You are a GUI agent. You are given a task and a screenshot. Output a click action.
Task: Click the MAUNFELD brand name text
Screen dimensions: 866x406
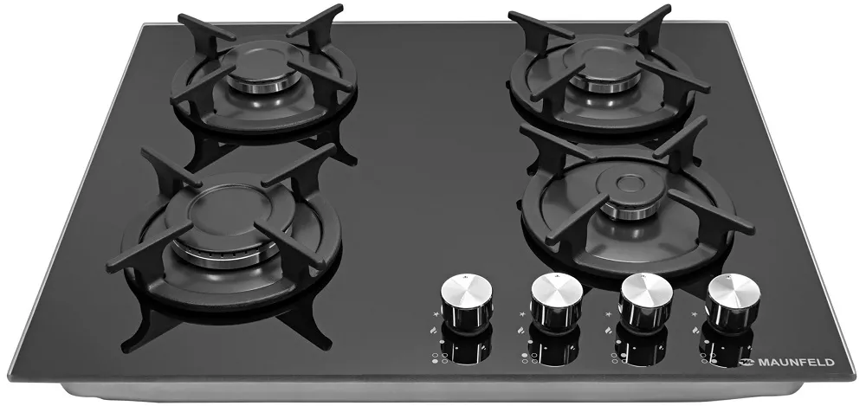point(796,363)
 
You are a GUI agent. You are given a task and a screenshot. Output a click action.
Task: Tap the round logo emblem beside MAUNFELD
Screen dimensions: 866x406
point(746,363)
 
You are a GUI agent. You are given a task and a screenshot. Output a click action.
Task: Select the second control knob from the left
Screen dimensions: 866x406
point(556,301)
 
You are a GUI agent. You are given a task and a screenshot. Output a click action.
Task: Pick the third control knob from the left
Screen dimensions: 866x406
point(646,301)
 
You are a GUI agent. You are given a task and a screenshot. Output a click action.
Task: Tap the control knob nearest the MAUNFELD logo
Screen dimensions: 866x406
point(734,302)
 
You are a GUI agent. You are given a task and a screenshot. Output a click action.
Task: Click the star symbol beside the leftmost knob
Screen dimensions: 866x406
point(435,313)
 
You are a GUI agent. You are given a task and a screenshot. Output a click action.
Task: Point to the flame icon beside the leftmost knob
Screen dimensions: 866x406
point(434,331)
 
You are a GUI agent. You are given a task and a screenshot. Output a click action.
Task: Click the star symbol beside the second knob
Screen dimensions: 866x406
point(523,314)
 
